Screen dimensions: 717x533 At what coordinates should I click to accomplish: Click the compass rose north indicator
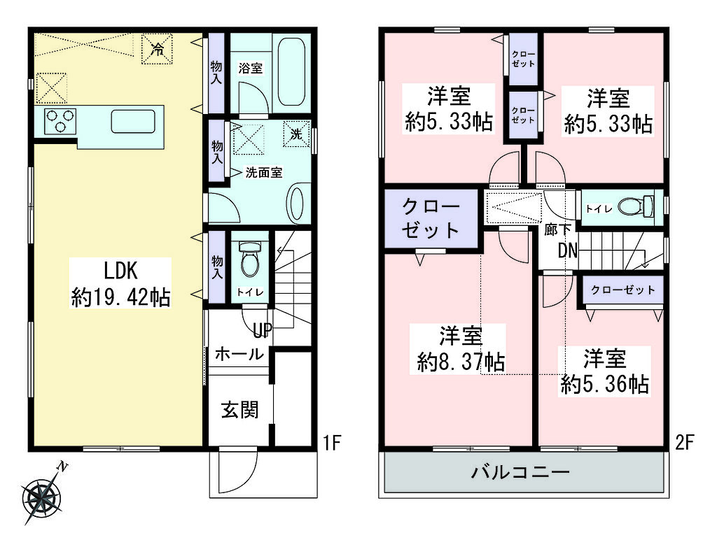[42, 495]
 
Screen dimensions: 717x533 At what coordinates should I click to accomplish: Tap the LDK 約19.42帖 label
[120, 283]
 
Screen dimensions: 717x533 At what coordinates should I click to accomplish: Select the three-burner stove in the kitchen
[60, 120]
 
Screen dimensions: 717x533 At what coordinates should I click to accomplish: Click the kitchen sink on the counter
[132, 121]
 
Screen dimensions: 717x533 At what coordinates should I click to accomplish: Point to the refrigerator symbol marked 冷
[157, 48]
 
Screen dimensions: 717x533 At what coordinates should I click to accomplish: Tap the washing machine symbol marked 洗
[296, 134]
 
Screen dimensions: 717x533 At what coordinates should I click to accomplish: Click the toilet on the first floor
[250, 259]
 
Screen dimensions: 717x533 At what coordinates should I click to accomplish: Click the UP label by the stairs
[263, 329]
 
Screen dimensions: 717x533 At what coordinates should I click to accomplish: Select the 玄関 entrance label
[240, 410]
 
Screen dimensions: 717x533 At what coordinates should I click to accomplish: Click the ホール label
[239, 353]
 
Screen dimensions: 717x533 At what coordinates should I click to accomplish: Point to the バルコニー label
[521, 471]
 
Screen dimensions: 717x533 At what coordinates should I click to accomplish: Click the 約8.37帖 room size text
[461, 362]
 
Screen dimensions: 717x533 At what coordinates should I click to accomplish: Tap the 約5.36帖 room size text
[604, 385]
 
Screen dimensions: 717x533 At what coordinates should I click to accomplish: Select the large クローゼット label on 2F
[431, 218]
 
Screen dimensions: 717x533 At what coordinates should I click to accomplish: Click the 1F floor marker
[333, 442]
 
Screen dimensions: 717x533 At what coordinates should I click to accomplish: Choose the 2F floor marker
[685, 442]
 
